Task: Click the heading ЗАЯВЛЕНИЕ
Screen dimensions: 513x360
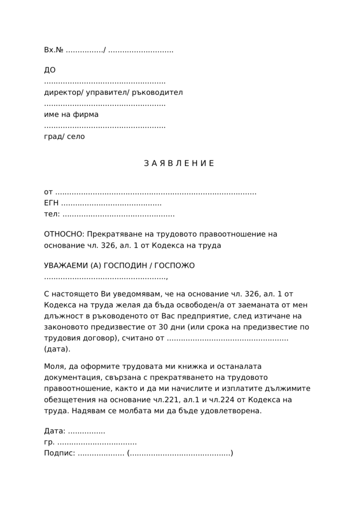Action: (179, 164)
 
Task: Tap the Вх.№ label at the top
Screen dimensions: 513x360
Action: (53, 50)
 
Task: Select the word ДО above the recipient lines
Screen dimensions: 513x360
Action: (50, 70)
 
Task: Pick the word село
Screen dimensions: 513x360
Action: (76, 137)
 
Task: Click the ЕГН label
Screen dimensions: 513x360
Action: (51, 204)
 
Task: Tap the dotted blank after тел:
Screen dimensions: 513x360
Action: (119, 215)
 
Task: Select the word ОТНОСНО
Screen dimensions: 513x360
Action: (64, 234)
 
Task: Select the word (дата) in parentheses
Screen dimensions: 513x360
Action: (57, 349)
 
